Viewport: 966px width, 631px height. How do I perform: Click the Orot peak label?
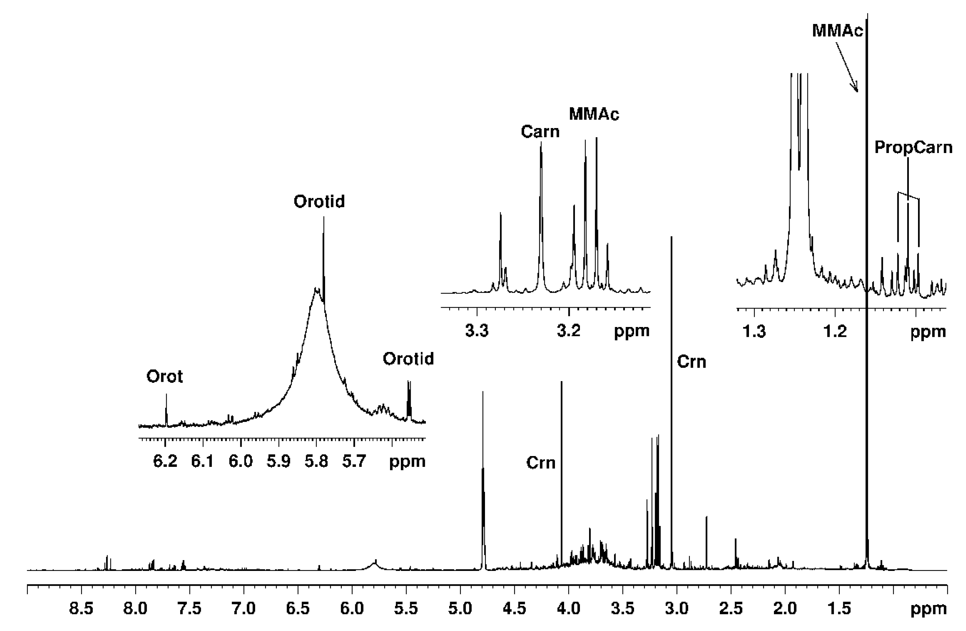(x=165, y=377)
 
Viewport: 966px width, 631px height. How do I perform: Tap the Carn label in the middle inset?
(x=540, y=131)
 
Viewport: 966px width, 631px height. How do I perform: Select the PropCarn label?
(x=913, y=147)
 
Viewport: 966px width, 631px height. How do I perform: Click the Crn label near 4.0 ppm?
(x=541, y=463)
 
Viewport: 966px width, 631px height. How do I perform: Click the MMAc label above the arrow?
(x=838, y=31)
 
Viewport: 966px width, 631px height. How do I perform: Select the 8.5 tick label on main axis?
(x=81, y=609)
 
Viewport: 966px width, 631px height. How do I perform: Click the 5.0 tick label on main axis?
(x=460, y=609)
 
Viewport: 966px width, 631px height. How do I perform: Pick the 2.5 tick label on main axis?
(x=731, y=609)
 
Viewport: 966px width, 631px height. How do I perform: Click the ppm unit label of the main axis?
(x=928, y=609)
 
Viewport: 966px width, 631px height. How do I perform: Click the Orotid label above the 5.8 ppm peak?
(x=319, y=202)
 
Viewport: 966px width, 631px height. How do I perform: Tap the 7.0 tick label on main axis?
(x=244, y=609)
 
